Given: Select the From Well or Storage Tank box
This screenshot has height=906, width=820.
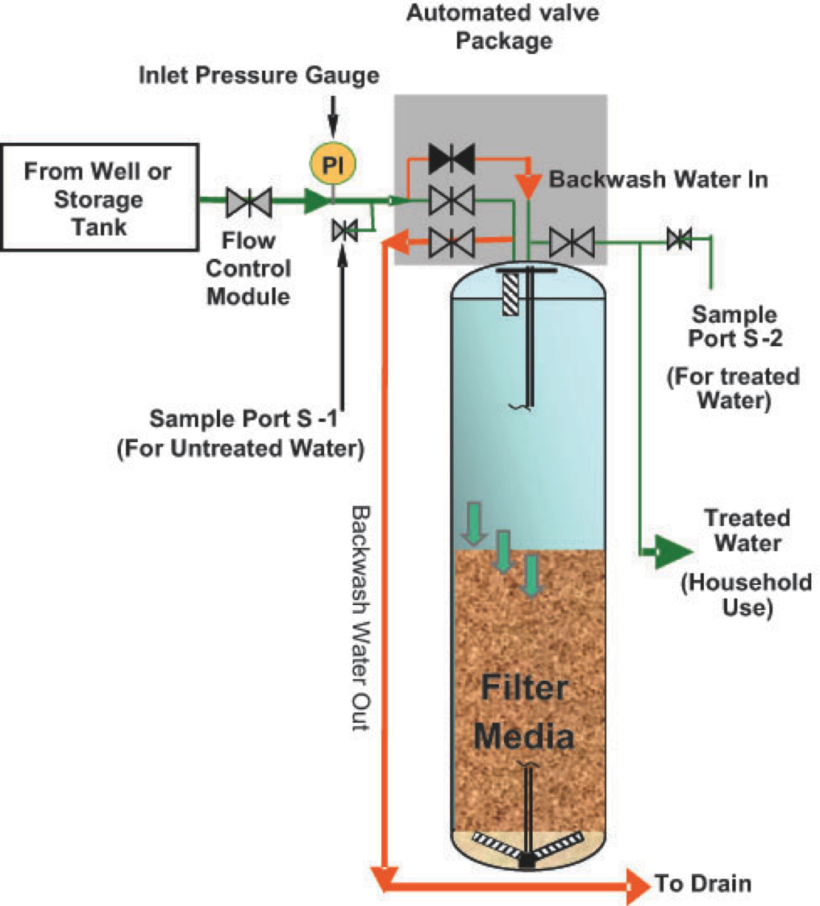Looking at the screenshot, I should [99, 198].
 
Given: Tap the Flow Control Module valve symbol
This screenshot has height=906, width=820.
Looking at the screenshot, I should [248, 201].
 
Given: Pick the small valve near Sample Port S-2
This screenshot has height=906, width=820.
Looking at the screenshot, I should [679, 239].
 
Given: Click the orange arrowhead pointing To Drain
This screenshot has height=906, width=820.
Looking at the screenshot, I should [637, 884].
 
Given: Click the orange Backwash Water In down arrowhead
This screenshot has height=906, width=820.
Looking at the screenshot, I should [528, 186].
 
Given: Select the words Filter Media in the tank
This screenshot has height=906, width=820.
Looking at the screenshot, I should [525, 710].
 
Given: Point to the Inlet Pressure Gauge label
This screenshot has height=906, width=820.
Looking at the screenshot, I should [258, 77].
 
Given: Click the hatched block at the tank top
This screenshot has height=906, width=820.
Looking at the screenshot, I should [511, 295].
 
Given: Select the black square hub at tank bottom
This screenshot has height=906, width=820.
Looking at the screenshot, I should [527, 860].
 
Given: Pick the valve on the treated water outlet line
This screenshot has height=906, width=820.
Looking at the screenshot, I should [571, 240].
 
